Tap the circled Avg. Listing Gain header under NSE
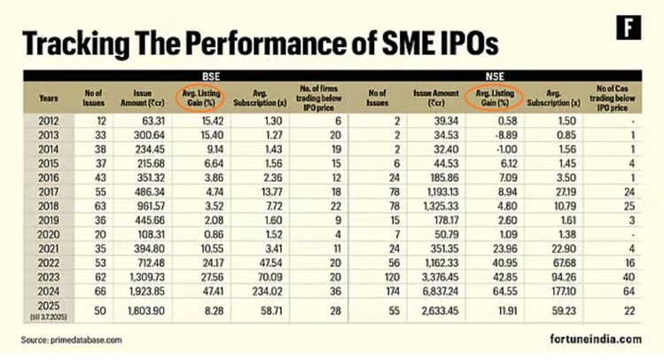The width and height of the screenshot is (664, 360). click(x=496, y=97)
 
